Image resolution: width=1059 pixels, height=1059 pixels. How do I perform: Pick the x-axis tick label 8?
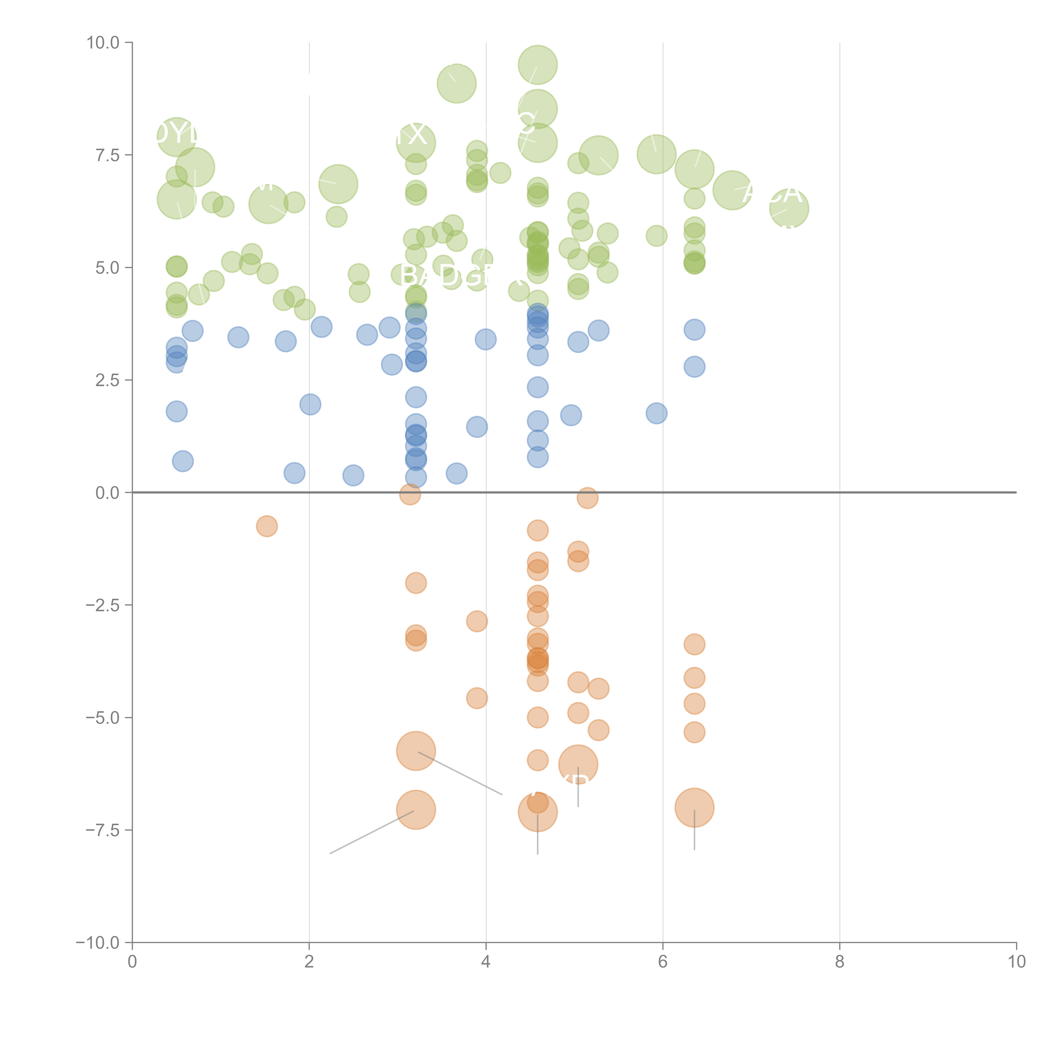coord(840,962)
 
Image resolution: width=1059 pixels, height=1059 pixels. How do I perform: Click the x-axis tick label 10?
coord(1016,962)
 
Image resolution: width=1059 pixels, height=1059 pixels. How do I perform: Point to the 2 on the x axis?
coord(309,962)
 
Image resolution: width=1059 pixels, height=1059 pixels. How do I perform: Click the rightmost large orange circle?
coord(694,807)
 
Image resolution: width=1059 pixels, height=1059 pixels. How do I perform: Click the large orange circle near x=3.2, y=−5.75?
coord(416,751)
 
